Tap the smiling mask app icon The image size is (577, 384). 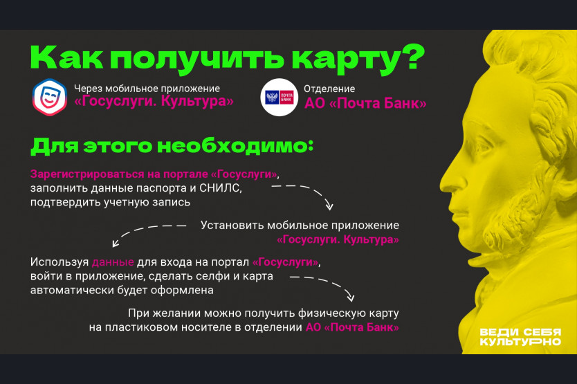(x=50, y=97)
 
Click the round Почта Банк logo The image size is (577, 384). (x=280, y=97)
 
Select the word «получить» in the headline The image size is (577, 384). (x=197, y=59)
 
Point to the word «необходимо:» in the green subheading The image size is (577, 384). (x=236, y=146)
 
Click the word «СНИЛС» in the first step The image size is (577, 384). (x=221, y=188)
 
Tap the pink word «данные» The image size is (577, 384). (x=113, y=262)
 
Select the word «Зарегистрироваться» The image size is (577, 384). (x=87, y=174)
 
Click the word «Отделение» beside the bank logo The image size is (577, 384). (x=329, y=89)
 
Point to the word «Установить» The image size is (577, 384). (x=232, y=226)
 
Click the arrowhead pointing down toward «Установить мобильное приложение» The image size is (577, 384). (x=329, y=205)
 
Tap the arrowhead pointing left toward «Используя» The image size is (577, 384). (x=116, y=243)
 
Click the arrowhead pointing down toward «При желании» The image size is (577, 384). (x=350, y=297)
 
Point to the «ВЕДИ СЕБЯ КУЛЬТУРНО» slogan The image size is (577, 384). (x=520, y=337)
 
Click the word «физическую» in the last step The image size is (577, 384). (x=328, y=313)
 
